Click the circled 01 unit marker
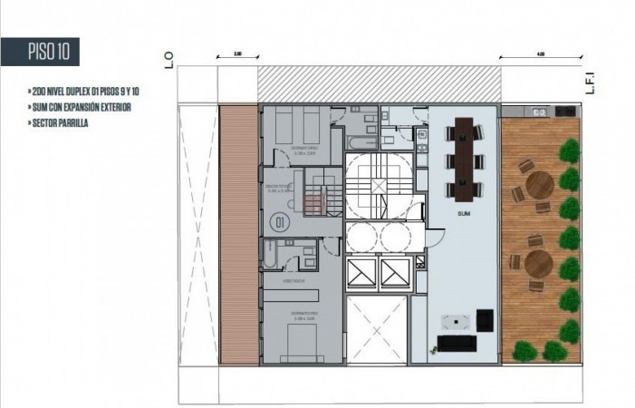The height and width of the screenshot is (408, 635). (280, 220)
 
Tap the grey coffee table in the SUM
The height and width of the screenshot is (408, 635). (454, 320)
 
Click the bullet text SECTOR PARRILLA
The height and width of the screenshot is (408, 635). (60, 121)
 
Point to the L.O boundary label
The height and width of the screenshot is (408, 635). (169, 62)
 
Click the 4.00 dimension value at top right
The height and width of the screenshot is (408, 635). (541, 55)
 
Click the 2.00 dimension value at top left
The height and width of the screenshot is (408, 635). (237, 55)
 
